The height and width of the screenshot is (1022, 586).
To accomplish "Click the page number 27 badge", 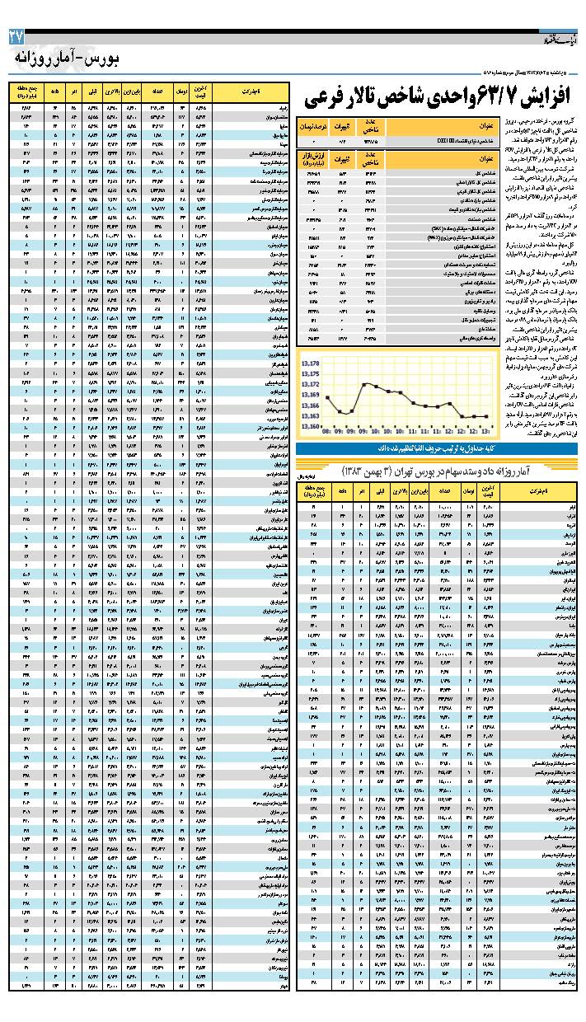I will click(16, 37).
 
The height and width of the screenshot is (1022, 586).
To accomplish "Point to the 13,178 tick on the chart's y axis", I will click(311, 363).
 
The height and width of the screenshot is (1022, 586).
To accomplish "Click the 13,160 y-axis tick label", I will click(311, 427).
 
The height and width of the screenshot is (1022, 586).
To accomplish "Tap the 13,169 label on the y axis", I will click(311, 395).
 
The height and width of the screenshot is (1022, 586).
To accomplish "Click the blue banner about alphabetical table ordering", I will click(436, 449).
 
